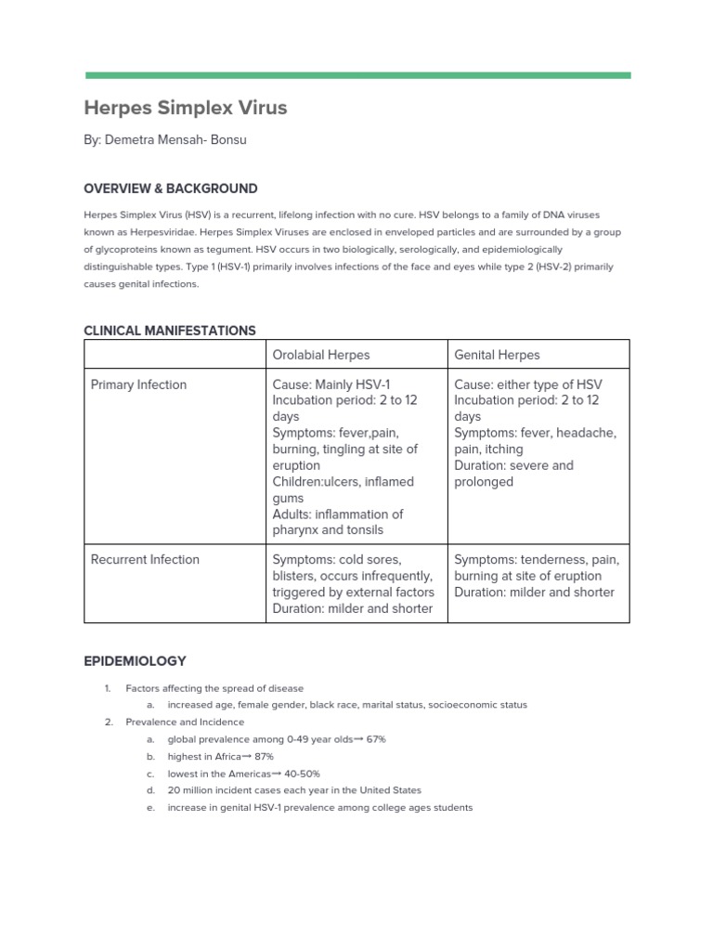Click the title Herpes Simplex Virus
point(186,108)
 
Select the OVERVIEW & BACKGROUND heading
point(171,189)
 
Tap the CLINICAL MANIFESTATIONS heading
point(170,331)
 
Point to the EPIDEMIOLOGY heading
point(135,661)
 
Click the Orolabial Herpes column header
point(321,355)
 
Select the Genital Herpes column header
point(497,355)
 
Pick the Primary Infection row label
point(138,384)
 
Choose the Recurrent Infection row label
point(145,559)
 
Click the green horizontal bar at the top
point(357,75)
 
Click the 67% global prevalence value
point(375,739)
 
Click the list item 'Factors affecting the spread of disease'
point(214,688)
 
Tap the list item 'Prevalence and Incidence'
point(186,723)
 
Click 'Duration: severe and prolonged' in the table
point(513,474)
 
